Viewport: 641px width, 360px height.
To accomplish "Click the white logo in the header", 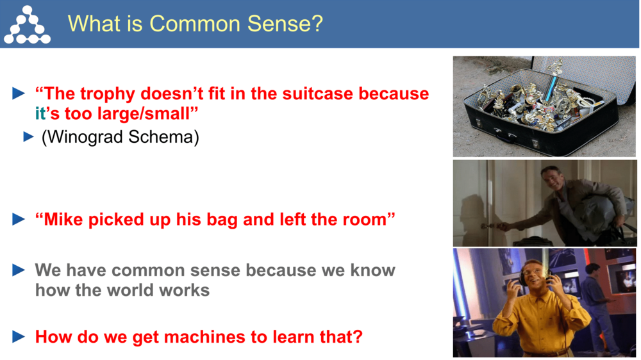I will point(26,24).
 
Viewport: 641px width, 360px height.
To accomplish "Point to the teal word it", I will point(40,114).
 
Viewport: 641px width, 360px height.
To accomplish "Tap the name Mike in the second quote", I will point(63,219).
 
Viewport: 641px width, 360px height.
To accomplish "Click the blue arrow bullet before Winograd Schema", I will point(28,137).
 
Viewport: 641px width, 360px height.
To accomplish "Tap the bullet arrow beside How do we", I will point(19,336).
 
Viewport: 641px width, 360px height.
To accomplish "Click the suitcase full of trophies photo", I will point(544,106).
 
